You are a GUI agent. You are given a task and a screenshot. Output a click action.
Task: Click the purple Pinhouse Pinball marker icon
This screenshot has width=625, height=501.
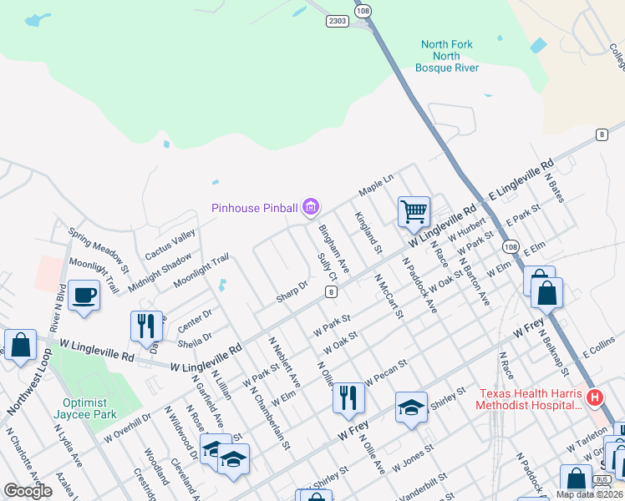(312, 205)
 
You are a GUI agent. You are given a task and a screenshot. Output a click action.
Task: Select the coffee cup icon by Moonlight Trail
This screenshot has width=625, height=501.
(84, 296)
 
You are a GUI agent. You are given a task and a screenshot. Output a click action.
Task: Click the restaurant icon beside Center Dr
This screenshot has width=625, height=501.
(146, 324)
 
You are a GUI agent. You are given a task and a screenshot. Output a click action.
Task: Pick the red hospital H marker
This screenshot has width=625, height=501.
(594, 397)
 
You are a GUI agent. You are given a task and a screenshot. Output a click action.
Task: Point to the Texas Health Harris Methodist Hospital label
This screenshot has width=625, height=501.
(528, 399)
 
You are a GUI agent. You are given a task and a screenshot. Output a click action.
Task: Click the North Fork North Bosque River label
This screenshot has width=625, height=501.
(451, 56)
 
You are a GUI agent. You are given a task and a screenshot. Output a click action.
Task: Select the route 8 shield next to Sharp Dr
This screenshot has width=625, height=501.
(332, 291)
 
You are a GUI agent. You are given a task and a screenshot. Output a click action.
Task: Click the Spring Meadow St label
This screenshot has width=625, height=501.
(99, 252)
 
